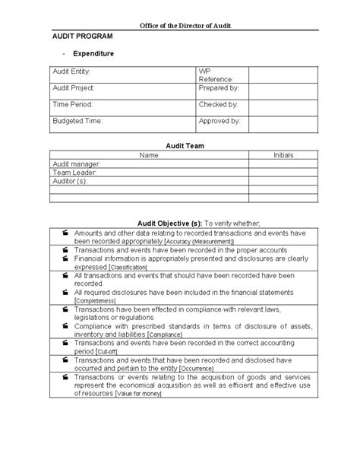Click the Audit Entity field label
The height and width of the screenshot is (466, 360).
click(71, 71)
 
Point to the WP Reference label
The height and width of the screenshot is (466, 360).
click(216, 75)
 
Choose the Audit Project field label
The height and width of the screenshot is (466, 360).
click(73, 87)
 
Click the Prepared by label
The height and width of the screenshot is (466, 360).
click(219, 87)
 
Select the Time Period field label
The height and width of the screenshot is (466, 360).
click(71, 104)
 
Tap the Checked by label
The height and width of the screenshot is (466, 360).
click(218, 104)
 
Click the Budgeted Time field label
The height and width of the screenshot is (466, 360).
click(77, 121)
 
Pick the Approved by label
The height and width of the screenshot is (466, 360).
click(219, 121)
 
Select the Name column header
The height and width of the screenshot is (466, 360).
click(150, 155)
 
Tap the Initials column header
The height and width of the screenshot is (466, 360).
click(283, 155)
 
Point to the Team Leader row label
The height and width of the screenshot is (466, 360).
click(74, 172)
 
